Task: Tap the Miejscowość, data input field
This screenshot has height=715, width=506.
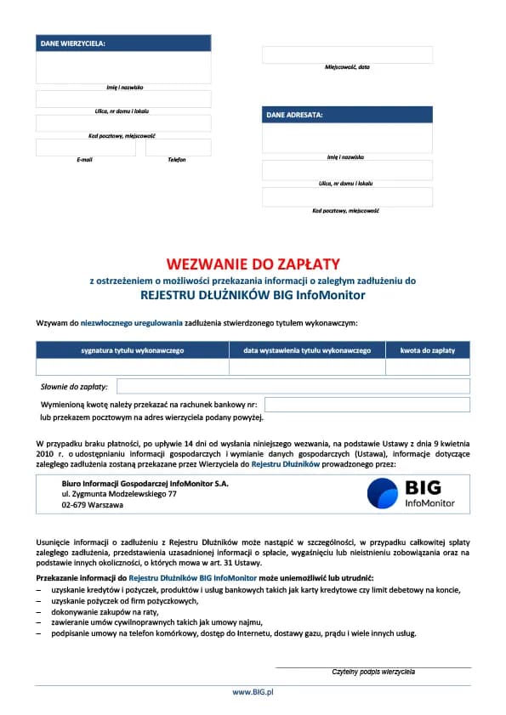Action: pos(347,54)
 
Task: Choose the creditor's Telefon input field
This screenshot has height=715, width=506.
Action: pos(178,148)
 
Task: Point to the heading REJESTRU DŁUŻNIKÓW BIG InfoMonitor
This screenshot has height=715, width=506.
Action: pos(253,296)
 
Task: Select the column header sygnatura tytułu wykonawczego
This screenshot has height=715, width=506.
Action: pos(132,350)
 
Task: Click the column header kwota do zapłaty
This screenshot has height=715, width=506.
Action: pos(428,350)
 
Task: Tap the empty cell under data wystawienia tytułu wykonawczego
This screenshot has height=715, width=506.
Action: pos(307,367)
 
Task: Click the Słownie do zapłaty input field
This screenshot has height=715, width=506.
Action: pos(293,387)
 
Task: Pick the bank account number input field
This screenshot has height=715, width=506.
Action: pos(367,405)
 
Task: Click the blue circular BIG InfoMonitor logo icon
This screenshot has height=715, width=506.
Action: pos(383,493)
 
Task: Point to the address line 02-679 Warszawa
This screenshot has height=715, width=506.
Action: pos(92,505)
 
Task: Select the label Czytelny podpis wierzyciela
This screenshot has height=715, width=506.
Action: pos(373,672)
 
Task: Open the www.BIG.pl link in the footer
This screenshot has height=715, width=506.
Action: pos(253,693)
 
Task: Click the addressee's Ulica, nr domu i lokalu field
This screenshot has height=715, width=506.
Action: pos(347,170)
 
